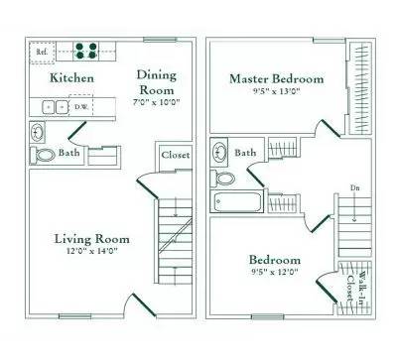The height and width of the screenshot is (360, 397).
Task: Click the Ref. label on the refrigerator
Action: [x=42, y=50]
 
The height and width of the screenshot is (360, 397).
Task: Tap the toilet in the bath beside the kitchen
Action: [x=45, y=155]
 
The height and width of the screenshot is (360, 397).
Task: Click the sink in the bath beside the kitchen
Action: [x=40, y=132]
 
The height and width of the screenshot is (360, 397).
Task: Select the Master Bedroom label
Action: [x=278, y=78]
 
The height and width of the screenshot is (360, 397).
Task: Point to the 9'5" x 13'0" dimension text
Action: [x=278, y=92]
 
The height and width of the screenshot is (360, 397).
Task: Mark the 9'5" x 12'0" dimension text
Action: [x=275, y=274]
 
